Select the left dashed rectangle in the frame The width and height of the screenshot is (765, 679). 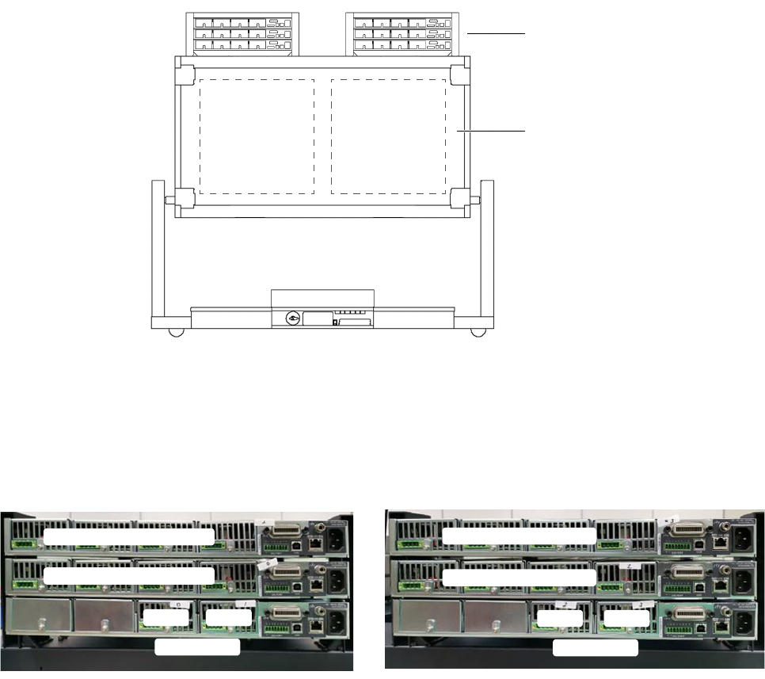(x=257, y=135)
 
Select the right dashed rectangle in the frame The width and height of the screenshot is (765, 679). (x=388, y=135)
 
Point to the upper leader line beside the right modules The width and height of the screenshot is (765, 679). (x=496, y=34)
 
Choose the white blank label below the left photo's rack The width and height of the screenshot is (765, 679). (x=196, y=648)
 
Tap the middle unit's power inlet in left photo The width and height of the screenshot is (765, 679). (x=332, y=581)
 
